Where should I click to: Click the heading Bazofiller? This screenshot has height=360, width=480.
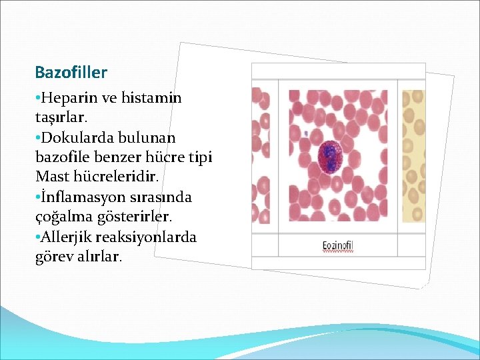[71, 71]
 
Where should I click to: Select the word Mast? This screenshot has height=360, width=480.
[51, 177]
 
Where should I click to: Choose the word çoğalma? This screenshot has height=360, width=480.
[61, 217]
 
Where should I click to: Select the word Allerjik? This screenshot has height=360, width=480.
[67, 237]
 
